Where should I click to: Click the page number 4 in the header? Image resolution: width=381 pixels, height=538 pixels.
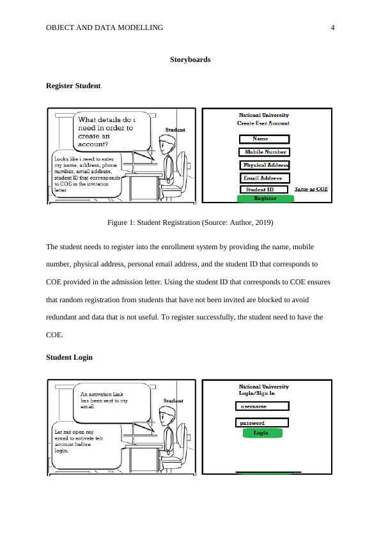[332, 27]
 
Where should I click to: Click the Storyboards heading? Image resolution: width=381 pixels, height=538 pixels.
[190, 59]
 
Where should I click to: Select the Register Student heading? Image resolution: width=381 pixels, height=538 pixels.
[73, 86]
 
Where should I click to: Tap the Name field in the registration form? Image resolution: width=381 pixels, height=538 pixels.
[264, 139]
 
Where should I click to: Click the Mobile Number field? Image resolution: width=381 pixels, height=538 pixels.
[264, 152]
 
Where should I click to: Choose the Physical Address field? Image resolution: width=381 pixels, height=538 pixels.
[264, 165]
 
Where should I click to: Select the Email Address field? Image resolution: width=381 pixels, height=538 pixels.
[264, 178]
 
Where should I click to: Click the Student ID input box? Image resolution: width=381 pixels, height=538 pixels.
[263, 189]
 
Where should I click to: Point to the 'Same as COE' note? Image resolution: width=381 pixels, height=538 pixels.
[311, 189]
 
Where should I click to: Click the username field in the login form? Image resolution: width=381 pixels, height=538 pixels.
[262, 406]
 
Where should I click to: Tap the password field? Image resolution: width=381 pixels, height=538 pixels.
[262, 423]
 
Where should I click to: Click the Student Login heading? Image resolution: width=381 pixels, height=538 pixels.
[69, 357]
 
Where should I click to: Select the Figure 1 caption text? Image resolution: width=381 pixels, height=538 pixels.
[190, 223]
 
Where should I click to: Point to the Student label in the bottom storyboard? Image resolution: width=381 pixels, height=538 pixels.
[173, 401]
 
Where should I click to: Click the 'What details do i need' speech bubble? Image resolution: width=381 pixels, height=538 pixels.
[112, 131]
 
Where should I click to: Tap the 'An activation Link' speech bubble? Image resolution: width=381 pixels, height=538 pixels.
[112, 403]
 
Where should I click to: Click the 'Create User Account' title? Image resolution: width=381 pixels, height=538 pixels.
[263, 123]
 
